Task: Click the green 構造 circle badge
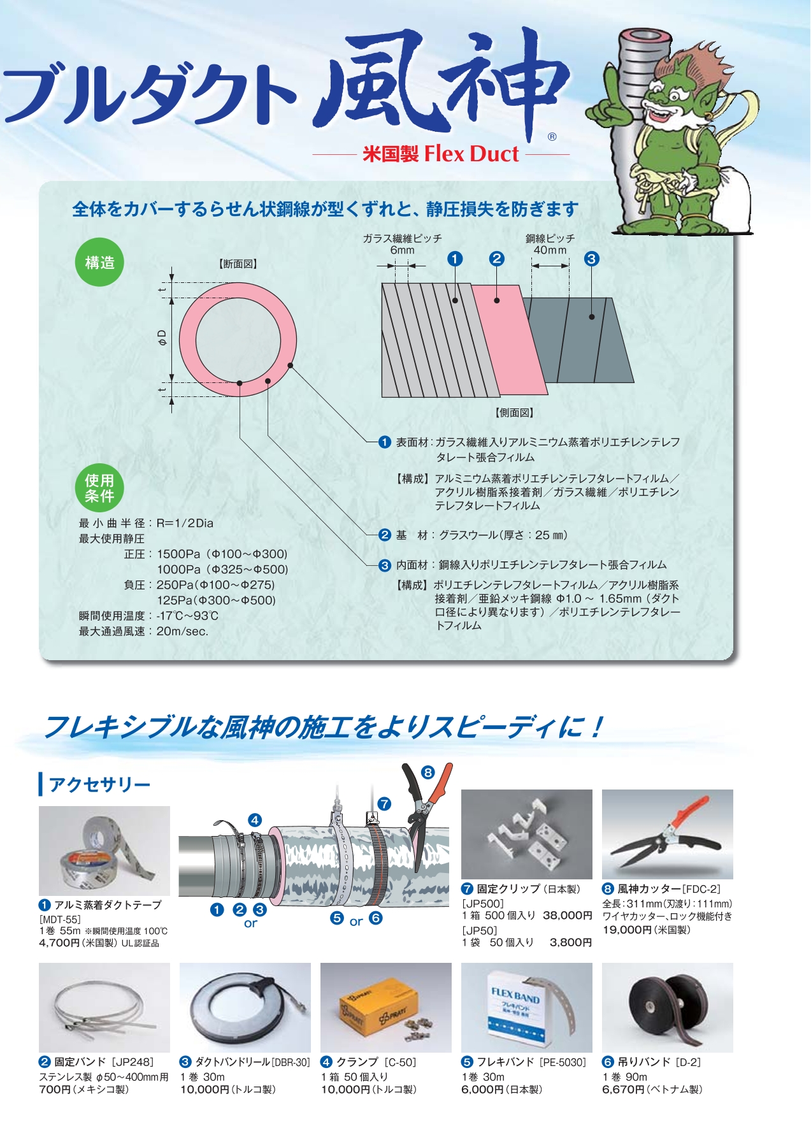[x=99, y=263]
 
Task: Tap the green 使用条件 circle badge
[x=99, y=488]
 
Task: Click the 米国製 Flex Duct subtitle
[x=441, y=154]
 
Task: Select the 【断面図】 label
[x=238, y=264]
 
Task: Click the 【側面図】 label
[x=514, y=413]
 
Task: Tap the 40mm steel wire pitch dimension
[x=550, y=250]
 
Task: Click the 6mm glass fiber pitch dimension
[x=402, y=250]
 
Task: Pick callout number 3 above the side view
[x=591, y=259]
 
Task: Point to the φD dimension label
[x=162, y=337]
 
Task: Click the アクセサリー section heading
[x=99, y=784]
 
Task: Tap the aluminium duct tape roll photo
[x=104, y=851]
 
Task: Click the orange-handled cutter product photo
[x=668, y=834]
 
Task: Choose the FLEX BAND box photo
[x=527, y=1007]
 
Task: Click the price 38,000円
[x=568, y=916]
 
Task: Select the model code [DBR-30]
[x=291, y=1062]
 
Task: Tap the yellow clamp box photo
[x=386, y=1007]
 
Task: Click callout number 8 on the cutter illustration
[x=427, y=772]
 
